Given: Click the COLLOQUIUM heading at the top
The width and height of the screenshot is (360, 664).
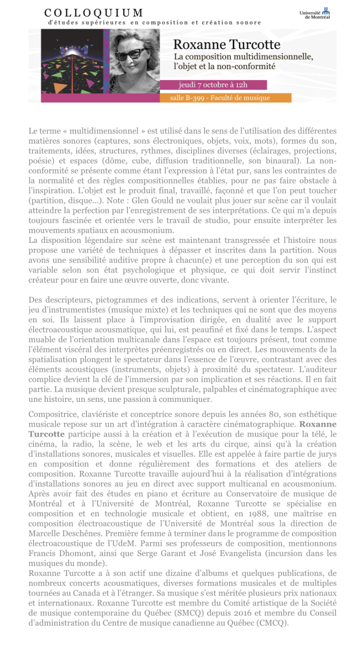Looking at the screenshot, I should coord(94,13).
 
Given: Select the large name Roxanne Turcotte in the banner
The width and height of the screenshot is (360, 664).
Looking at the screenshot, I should coord(227,44).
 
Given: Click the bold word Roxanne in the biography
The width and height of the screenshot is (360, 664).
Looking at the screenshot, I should coord(318,424).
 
